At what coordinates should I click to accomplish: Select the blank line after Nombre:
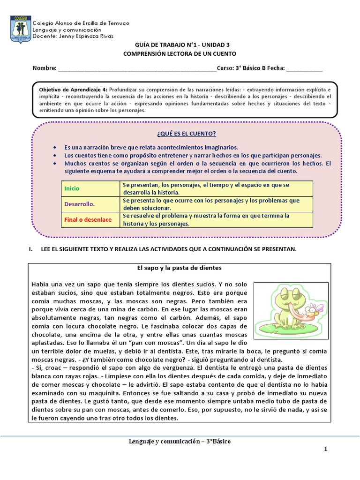(x=137, y=68)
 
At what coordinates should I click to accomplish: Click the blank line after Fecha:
(x=304, y=68)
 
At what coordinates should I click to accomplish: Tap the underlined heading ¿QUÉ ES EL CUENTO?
(x=180, y=133)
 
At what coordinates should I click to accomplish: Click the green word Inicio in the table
(x=72, y=188)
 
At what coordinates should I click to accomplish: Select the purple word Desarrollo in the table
(x=79, y=204)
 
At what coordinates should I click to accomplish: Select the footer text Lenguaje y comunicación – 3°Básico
(x=180, y=442)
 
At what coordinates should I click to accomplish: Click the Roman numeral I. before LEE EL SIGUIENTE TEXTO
(x=31, y=249)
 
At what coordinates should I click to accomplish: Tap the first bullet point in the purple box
(x=55, y=147)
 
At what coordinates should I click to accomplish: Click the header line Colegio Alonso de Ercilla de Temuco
(x=81, y=23)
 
